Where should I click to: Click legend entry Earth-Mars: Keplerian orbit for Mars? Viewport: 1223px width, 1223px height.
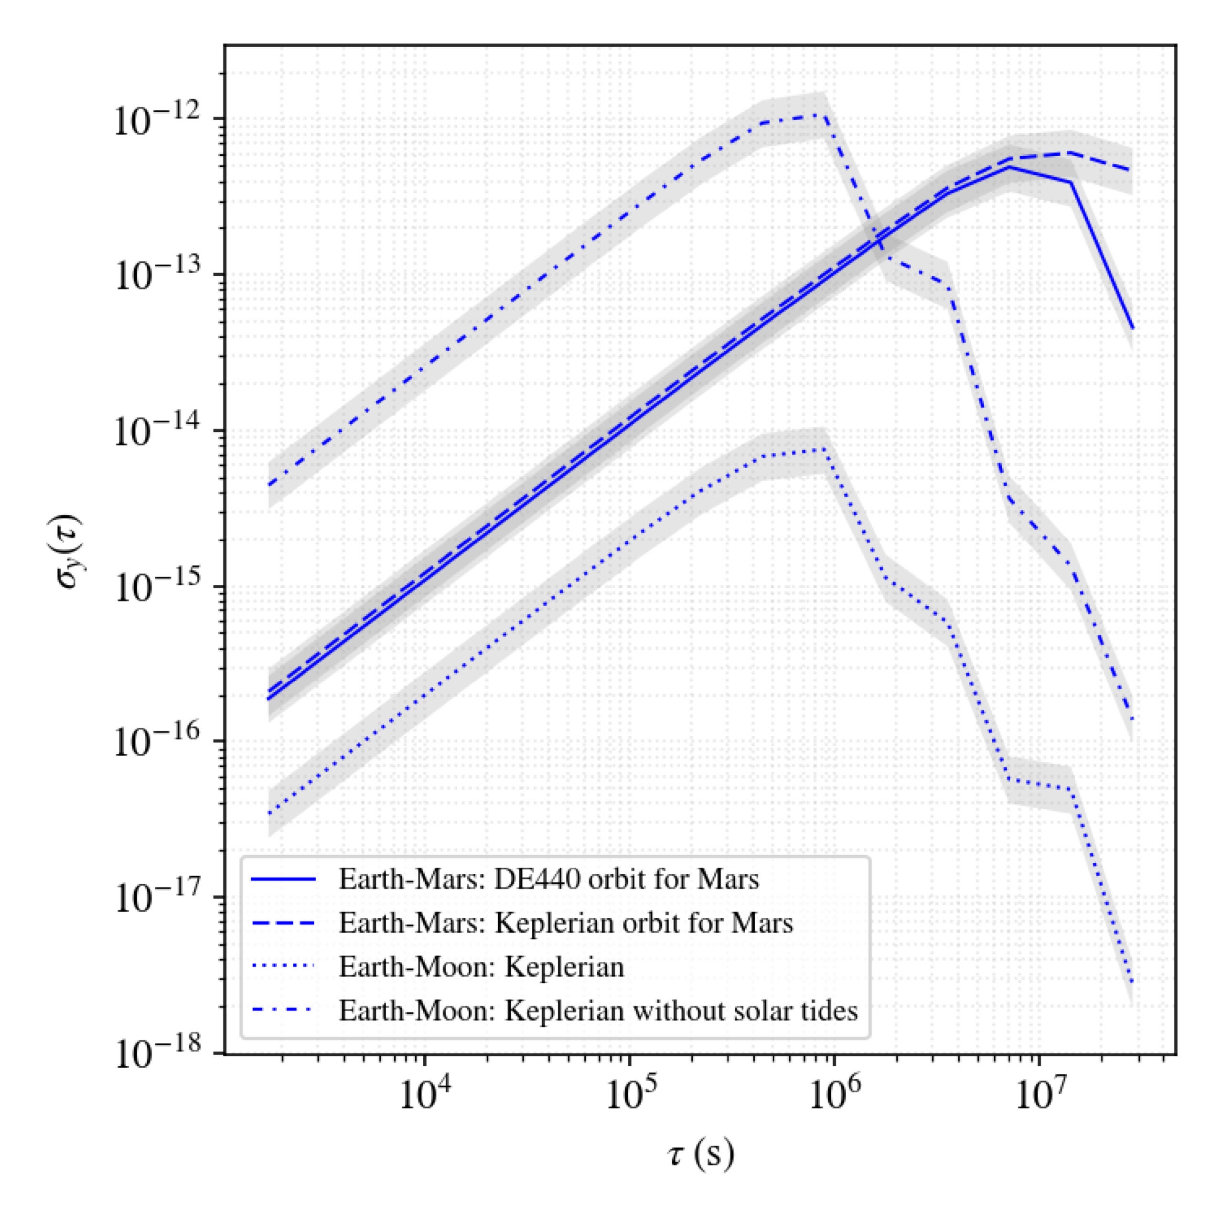coord(565,923)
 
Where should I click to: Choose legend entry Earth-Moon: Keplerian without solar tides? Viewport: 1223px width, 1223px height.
coord(598,1010)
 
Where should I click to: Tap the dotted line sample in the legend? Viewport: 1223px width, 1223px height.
coord(282,966)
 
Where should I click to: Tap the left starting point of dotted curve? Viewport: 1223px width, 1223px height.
coord(269,814)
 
